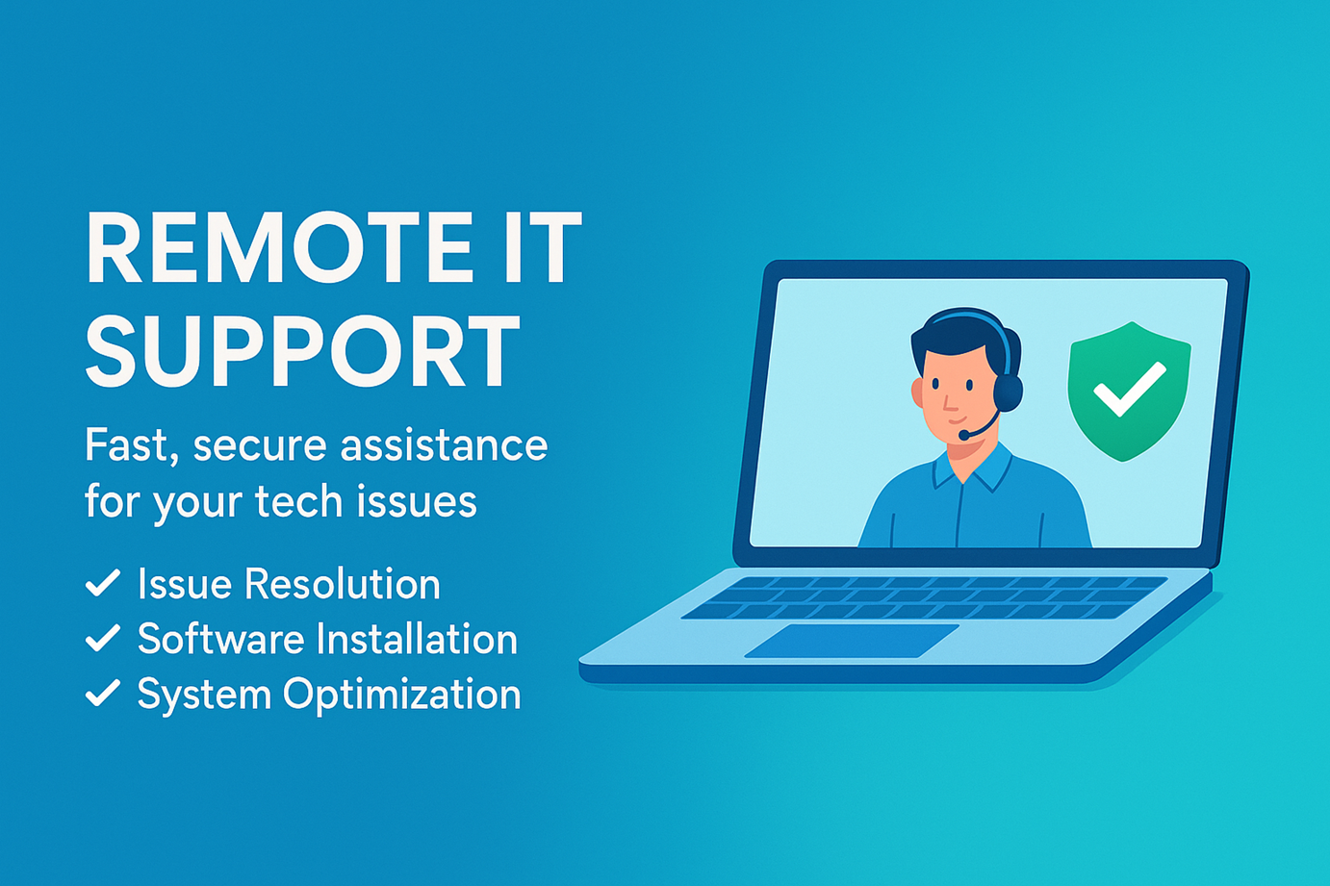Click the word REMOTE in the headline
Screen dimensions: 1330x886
pyautogui.click(x=279, y=247)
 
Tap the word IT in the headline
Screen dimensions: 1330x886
pyautogui.click(x=544, y=247)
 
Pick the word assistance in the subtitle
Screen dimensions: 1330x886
pyautogui.click(x=444, y=445)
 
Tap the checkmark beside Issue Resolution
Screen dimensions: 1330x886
pyautogui.click(x=103, y=582)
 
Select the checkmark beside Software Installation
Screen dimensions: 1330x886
pyautogui.click(x=103, y=638)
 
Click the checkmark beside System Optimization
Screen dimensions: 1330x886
pyautogui.click(x=103, y=693)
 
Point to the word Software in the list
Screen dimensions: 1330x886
pyautogui.click(x=221, y=639)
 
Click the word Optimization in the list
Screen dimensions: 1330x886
pyautogui.click(x=401, y=695)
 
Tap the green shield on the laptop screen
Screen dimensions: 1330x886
pyautogui.click(x=1129, y=392)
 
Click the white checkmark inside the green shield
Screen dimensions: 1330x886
pyautogui.click(x=1129, y=390)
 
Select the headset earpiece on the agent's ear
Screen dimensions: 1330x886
pyautogui.click(x=1009, y=392)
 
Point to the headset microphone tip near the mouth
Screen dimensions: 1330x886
pyautogui.click(x=964, y=435)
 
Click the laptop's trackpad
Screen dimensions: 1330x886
pyautogui.click(x=852, y=641)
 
